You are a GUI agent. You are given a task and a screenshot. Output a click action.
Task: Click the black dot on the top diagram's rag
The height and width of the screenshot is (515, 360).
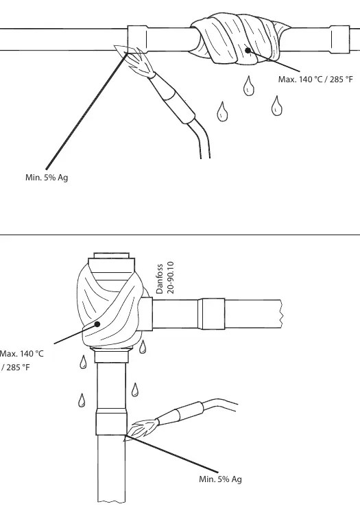[x=248, y=50]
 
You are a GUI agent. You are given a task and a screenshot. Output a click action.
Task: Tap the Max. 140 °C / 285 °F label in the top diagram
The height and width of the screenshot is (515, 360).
[x=315, y=80]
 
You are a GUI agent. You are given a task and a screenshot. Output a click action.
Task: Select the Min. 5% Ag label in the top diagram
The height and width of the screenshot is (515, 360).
[x=47, y=178]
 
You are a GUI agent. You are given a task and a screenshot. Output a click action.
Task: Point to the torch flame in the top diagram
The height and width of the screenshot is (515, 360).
[x=134, y=58]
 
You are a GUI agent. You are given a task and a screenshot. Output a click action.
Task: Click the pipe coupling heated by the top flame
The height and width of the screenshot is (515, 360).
[x=137, y=39]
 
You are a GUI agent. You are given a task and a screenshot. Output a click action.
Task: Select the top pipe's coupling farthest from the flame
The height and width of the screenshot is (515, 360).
[x=340, y=39]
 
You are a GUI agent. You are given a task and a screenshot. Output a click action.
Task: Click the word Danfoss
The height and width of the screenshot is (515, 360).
[x=160, y=278]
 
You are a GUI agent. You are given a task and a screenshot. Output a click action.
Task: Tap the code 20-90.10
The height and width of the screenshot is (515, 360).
[x=170, y=278]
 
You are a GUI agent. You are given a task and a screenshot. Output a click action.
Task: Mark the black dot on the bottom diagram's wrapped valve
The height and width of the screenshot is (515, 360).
[x=97, y=324]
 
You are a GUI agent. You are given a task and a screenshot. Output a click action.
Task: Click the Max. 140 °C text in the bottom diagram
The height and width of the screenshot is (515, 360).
[x=22, y=354]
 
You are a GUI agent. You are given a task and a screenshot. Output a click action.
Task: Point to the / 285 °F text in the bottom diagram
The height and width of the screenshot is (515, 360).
[x=15, y=367]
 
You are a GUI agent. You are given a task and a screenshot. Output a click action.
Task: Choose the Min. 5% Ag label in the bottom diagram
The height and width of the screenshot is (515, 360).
[x=220, y=479]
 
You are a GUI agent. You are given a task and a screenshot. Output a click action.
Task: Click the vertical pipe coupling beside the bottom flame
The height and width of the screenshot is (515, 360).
[x=111, y=422]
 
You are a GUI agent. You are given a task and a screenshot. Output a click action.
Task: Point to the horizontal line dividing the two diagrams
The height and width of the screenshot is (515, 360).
[x=180, y=235]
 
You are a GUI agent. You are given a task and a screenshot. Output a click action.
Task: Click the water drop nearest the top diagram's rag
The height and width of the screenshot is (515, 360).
[x=249, y=86]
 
